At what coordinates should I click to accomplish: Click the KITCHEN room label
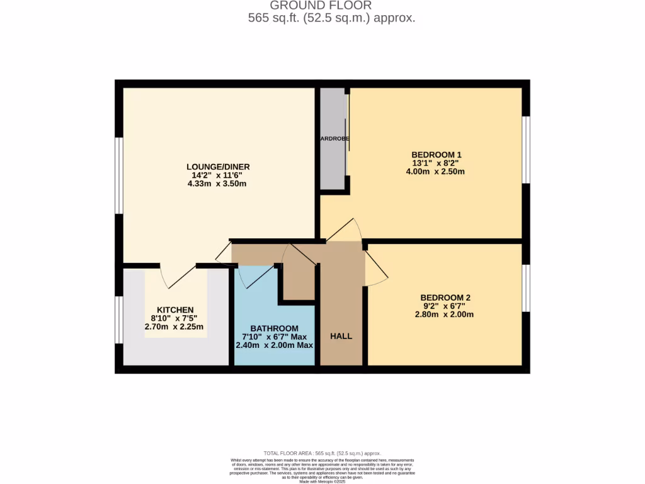tap(175, 310)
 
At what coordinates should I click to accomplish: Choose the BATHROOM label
tap(274, 328)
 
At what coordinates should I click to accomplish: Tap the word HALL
tap(341, 336)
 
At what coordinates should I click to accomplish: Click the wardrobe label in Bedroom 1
tap(334, 139)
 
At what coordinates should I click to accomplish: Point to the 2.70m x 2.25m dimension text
tap(174, 327)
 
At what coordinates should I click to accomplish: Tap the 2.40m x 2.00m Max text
tap(274, 345)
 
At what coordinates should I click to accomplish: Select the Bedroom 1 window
tap(527, 150)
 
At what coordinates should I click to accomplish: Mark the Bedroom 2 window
tap(527, 288)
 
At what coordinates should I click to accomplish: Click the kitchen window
tap(118, 320)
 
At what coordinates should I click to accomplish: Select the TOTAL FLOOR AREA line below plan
tap(322, 453)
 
